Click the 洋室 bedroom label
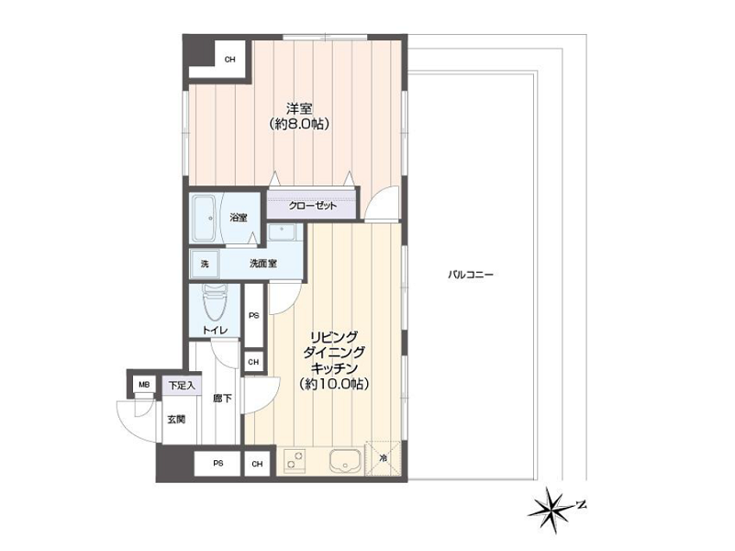click(299, 108)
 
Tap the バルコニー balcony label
click(470, 275)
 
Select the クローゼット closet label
click(312, 206)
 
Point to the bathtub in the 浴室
click(204, 218)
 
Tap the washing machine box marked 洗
click(205, 264)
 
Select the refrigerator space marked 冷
click(384, 457)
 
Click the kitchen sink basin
click(345, 461)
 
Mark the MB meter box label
click(144, 385)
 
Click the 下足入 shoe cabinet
click(182, 386)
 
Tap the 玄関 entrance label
click(176, 420)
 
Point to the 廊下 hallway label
click(222, 399)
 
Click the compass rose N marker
click(581, 505)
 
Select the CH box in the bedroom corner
click(229, 60)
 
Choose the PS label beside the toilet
click(253, 316)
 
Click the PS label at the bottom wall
click(218, 464)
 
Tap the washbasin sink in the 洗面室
click(282, 231)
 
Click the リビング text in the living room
click(334, 337)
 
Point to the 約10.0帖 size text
click(334, 384)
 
